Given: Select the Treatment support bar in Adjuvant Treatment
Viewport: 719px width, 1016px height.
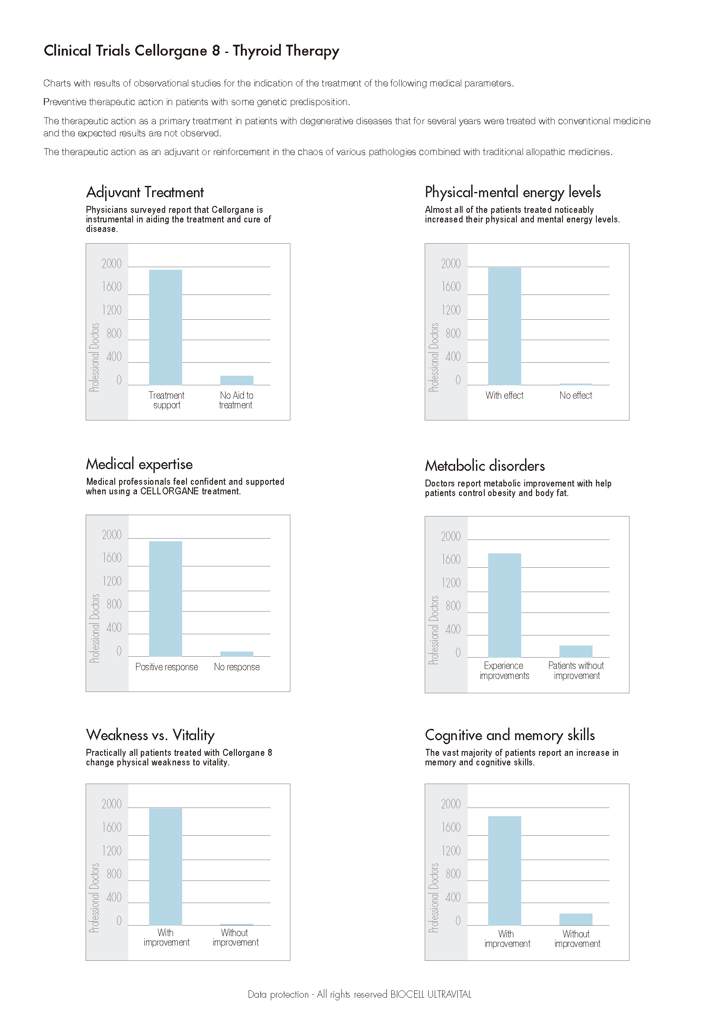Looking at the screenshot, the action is click(166, 327).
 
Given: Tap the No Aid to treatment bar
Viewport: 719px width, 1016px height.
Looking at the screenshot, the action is click(237, 380).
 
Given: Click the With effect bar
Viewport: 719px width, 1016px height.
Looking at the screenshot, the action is click(505, 326).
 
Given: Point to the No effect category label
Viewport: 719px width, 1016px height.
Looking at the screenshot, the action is click(576, 395).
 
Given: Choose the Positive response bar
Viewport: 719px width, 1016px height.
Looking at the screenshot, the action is click(166, 599).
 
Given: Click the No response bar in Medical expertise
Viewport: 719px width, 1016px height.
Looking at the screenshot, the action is click(237, 654).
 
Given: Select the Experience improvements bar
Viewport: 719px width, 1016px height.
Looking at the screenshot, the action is click(505, 606).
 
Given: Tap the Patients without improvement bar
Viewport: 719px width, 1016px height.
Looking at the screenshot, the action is click(576, 652).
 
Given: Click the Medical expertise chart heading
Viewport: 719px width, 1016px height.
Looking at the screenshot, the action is click(140, 464).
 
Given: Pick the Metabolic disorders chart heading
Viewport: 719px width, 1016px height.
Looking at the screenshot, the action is click(485, 466).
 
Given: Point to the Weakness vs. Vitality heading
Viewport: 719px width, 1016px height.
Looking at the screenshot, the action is click(150, 735).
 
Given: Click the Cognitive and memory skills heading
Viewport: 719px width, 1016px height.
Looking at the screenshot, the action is click(509, 735).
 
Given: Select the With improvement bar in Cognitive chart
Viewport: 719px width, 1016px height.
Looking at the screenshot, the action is click(505, 871).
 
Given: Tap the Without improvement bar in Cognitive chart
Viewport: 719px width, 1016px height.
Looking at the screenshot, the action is click(576, 920).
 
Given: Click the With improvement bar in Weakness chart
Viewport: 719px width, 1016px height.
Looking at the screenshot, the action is click(166, 867).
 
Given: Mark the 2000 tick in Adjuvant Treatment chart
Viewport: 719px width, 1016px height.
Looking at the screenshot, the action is click(112, 264).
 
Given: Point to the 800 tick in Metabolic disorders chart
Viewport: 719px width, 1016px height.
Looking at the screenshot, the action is click(453, 606).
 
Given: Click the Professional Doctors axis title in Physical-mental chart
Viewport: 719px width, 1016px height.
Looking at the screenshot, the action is click(434, 357).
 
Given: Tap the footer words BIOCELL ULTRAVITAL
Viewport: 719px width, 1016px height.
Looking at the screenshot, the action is click(430, 994).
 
